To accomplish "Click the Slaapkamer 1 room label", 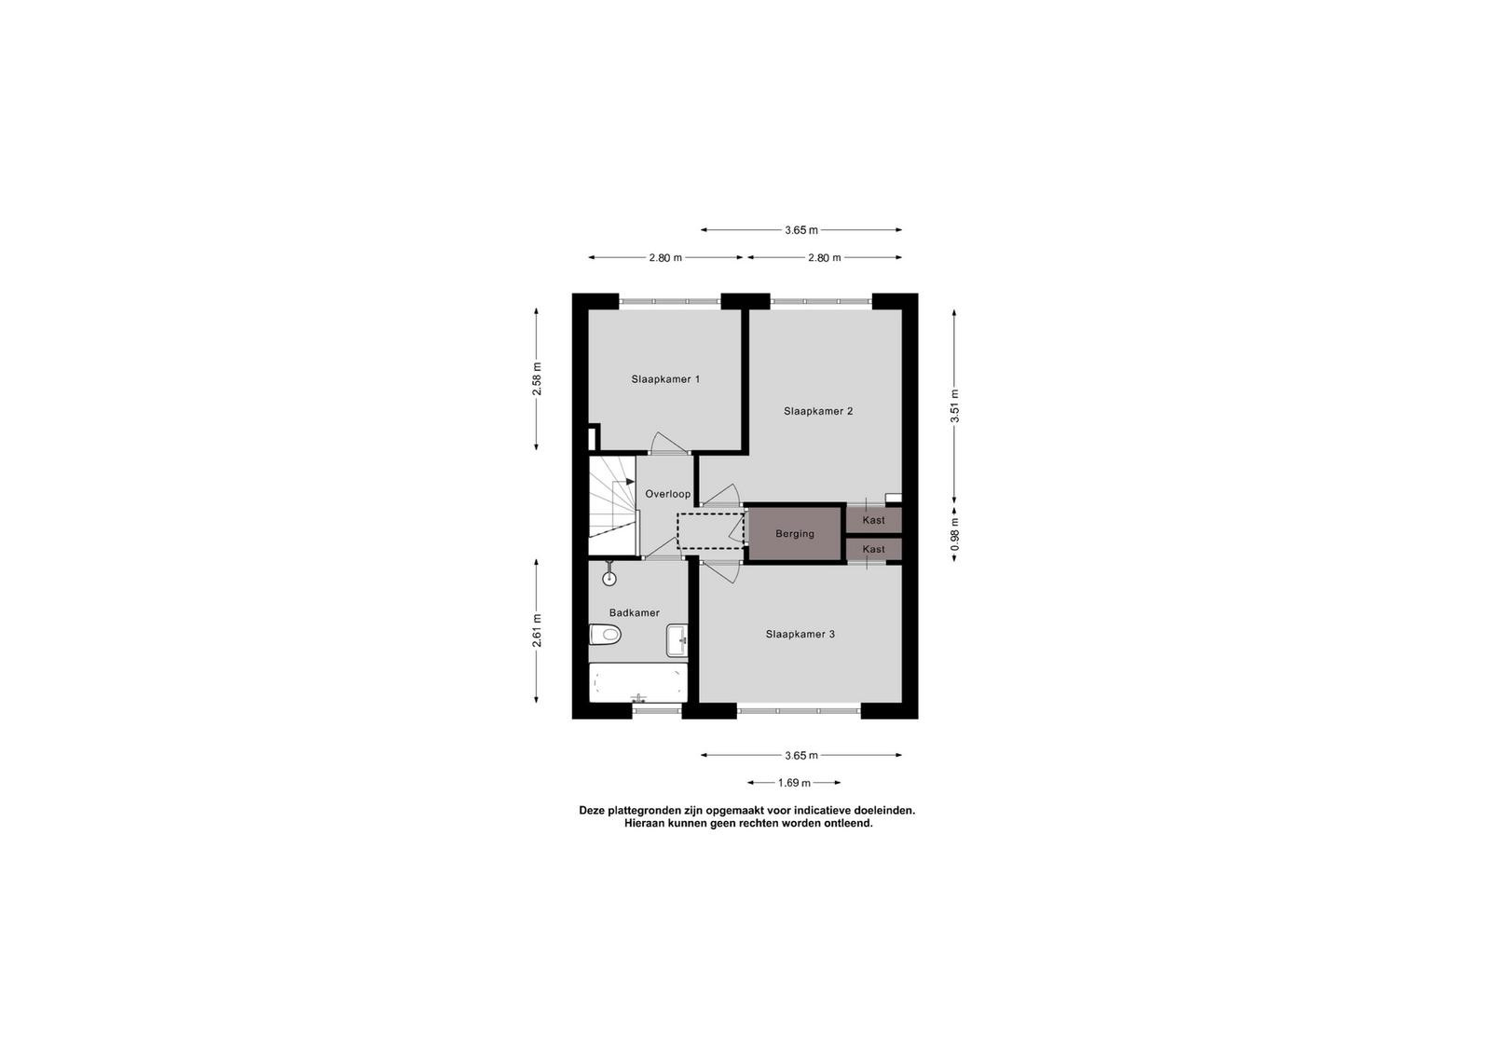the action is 665,379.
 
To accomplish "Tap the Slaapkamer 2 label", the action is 818,411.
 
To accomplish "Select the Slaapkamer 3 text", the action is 800,635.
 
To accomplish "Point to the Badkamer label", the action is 635,613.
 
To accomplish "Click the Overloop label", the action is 667,495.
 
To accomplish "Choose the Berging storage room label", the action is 795,534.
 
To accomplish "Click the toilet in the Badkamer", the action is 605,635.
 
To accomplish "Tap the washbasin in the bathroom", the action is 677,640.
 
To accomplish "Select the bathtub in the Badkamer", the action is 638,682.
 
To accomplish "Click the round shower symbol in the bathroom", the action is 609,579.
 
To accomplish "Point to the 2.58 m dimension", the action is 537,379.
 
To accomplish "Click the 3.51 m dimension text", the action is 954,406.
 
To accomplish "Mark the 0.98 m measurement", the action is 954,534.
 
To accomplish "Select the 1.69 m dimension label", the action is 794,783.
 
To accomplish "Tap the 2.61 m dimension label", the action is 537,630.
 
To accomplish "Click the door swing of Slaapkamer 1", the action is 669,444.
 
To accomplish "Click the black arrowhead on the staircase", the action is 630,481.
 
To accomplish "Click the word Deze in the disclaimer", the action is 591,811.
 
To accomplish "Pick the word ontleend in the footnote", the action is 850,823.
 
